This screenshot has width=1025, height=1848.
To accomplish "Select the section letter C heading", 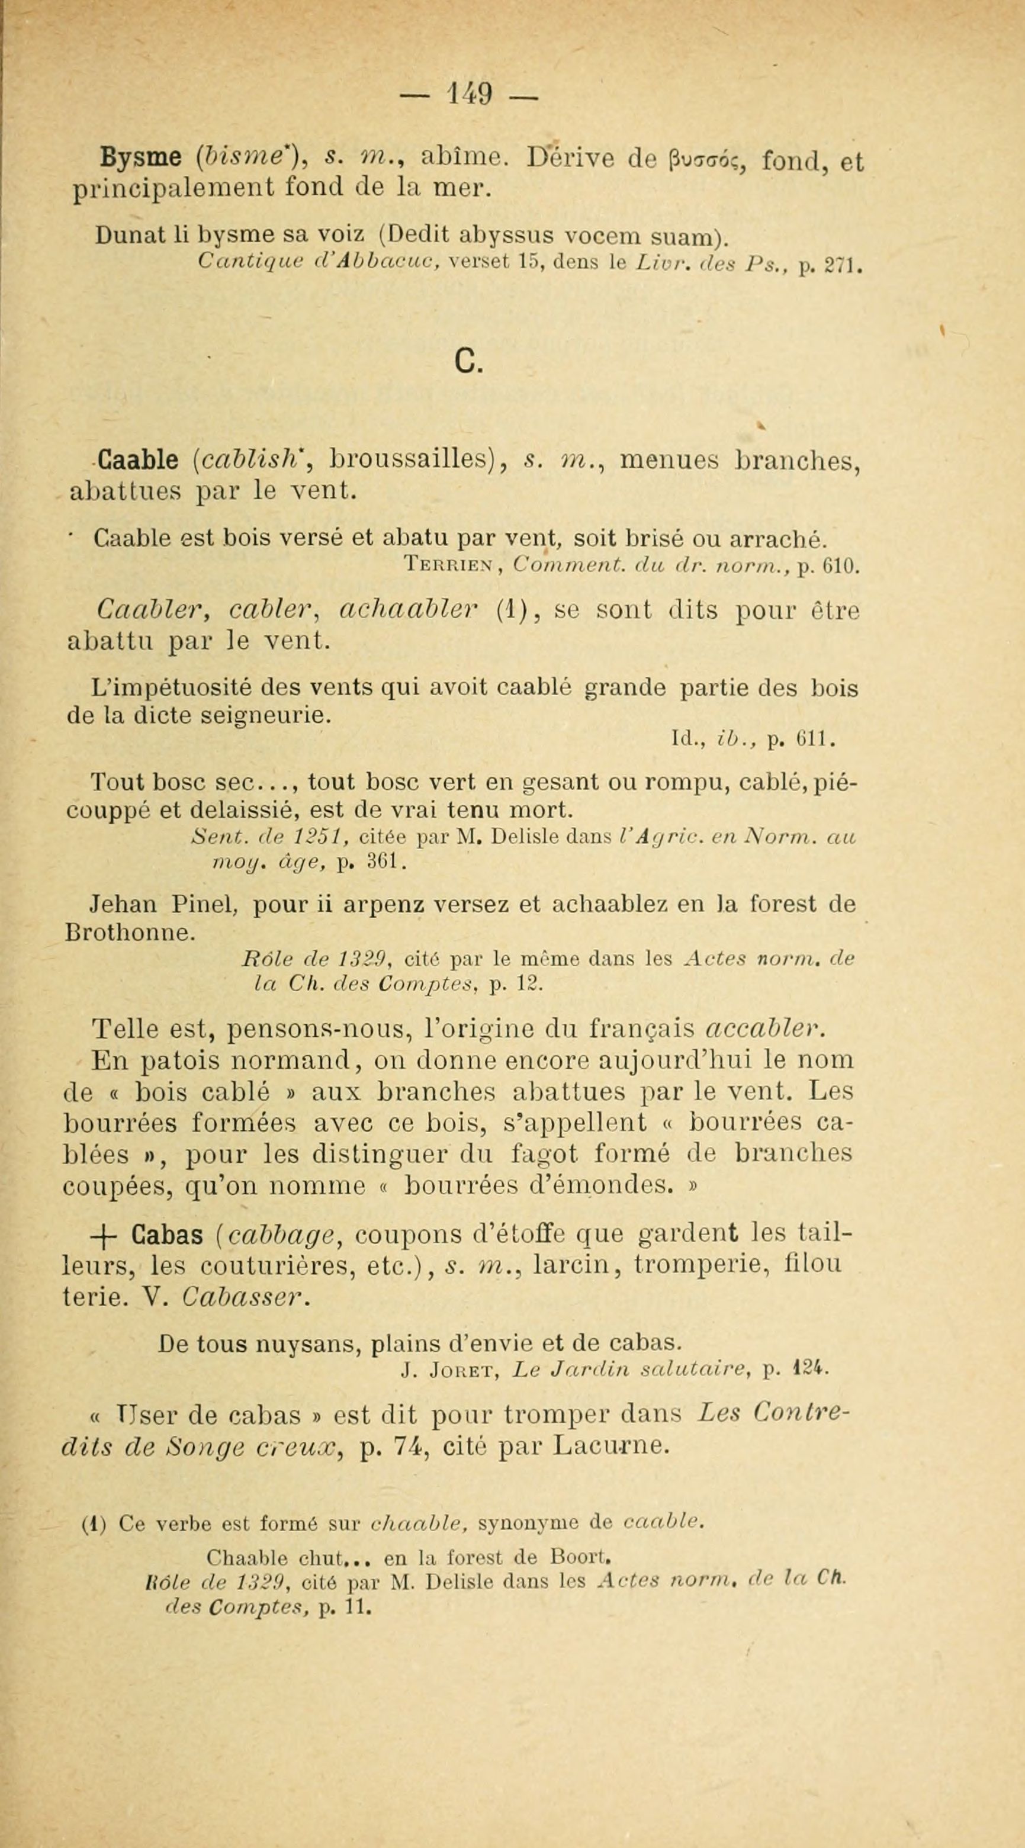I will pyautogui.click(x=468, y=362).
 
